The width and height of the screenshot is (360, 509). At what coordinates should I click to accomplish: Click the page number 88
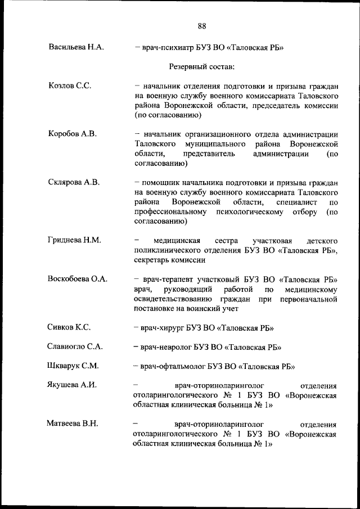(x=202, y=25)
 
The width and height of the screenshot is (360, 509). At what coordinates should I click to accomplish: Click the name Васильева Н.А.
(x=76, y=48)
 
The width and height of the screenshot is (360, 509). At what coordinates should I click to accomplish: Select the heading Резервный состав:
(x=202, y=67)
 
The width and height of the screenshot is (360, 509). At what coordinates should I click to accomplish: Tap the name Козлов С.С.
(x=70, y=85)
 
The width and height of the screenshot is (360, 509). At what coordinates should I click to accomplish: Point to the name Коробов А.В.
(x=73, y=133)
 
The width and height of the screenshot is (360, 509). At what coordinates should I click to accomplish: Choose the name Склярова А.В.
(x=74, y=182)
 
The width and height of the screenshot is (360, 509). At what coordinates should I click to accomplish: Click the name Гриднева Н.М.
(x=75, y=240)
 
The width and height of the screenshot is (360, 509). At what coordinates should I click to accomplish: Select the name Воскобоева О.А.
(x=78, y=278)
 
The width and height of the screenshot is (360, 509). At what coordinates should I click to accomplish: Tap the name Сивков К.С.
(x=70, y=327)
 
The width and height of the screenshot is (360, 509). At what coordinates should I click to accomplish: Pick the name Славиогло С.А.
(x=75, y=346)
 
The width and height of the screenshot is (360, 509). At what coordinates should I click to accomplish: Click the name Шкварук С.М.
(x=74, y=366)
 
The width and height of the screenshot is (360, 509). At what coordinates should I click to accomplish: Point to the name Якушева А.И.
(x=73, y=385)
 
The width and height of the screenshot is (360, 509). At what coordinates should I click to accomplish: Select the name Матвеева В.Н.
(x=73, y=423)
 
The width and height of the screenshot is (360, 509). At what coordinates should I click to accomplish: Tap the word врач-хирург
(x=164, y=327)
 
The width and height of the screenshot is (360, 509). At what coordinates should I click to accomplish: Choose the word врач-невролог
(x=167, y=346)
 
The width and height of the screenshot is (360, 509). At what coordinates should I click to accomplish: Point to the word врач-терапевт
(x=168, y=278)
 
